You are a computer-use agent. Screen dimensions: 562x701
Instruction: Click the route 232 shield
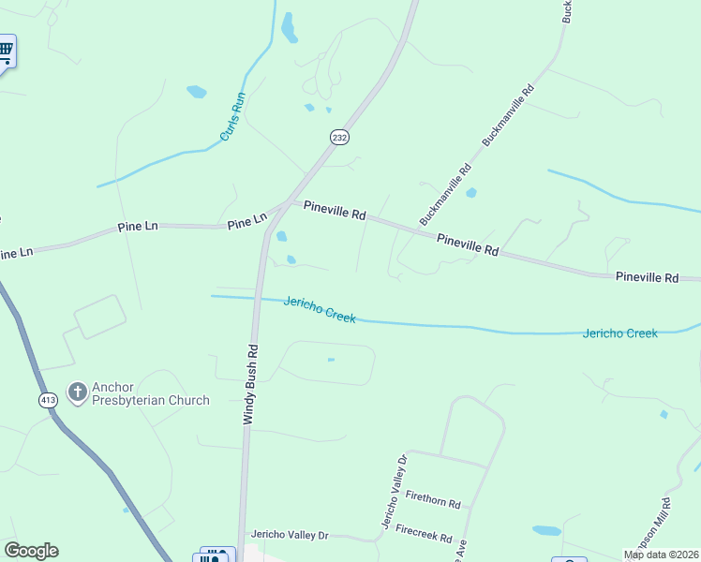coord(339,137)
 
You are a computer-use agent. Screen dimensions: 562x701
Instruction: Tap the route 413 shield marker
coord(49,400)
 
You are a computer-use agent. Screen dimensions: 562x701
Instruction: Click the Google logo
coord(31,551)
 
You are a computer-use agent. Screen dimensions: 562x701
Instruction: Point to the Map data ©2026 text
coord(661,555)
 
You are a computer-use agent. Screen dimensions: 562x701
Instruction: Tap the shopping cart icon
coord(6,51)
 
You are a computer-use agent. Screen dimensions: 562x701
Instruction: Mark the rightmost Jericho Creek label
coord(619,333)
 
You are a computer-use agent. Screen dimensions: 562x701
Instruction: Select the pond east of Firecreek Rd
coord(546,530)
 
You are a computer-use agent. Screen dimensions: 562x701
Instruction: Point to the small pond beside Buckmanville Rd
coord(470,193)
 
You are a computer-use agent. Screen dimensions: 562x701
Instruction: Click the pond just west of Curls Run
coord(196,92)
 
